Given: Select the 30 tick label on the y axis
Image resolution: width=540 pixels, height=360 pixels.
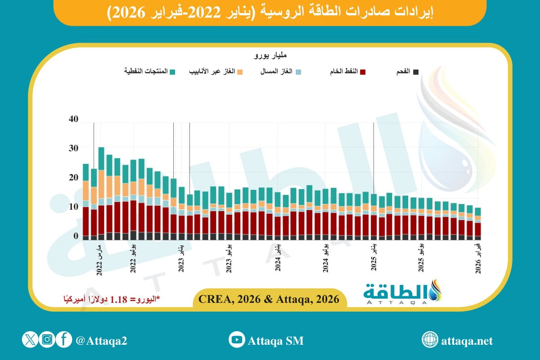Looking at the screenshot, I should point(73,148).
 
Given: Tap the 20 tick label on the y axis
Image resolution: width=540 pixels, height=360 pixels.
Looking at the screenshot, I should point(73,178).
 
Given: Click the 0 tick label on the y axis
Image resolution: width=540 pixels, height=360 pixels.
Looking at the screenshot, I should point(76,236).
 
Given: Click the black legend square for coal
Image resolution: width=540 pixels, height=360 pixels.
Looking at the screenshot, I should point(416,72).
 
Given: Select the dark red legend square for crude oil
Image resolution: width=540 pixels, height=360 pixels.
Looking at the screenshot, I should point(362,72).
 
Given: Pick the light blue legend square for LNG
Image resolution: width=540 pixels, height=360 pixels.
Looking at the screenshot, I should point(298,72).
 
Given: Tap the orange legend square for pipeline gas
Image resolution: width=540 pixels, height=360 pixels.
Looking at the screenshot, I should point(240,72).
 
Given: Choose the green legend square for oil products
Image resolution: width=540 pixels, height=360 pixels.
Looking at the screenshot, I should point(172,72).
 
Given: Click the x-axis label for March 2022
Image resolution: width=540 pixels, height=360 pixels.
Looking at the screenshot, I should point(99,259).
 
